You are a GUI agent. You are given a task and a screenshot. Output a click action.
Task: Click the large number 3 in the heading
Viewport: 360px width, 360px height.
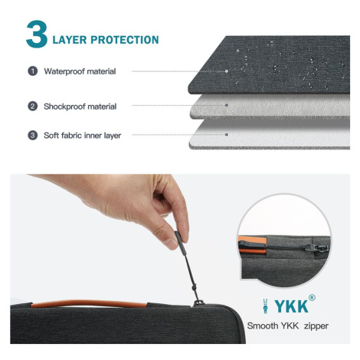click(37, 34)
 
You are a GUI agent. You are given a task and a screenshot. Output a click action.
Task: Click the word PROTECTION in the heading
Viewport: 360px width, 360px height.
click(125, 40)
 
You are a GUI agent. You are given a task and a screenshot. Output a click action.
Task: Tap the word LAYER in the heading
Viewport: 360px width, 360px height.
click(70, 40)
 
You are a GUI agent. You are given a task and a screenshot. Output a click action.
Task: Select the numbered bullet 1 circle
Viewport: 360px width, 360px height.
click(32, 71)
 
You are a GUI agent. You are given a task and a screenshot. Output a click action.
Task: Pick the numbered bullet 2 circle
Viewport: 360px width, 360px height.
click(32, 106)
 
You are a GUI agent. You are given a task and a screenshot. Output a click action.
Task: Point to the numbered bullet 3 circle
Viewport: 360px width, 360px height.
click(32, 136)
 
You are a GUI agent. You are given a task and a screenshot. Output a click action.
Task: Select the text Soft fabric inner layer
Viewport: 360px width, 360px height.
click(82, 136)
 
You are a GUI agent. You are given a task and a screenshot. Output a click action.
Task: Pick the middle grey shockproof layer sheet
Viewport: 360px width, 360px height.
click(270, 106)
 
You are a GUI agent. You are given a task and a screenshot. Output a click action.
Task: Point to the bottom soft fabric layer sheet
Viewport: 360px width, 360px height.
click(270, 134)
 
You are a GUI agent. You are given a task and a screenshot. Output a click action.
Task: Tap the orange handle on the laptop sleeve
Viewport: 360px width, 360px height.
click(89, 303)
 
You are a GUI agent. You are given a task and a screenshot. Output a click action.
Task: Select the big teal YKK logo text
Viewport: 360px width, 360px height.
click(291, 306)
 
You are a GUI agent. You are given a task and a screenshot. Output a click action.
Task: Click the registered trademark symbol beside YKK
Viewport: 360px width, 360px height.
click(312, 298)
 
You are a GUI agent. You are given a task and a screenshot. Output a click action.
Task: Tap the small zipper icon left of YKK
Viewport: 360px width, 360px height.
click(266, 306)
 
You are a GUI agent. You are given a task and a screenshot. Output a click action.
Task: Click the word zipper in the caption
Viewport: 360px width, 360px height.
click(316, 326)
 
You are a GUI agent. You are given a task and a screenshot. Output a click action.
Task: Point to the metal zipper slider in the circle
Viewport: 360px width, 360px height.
click(316, 248)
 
